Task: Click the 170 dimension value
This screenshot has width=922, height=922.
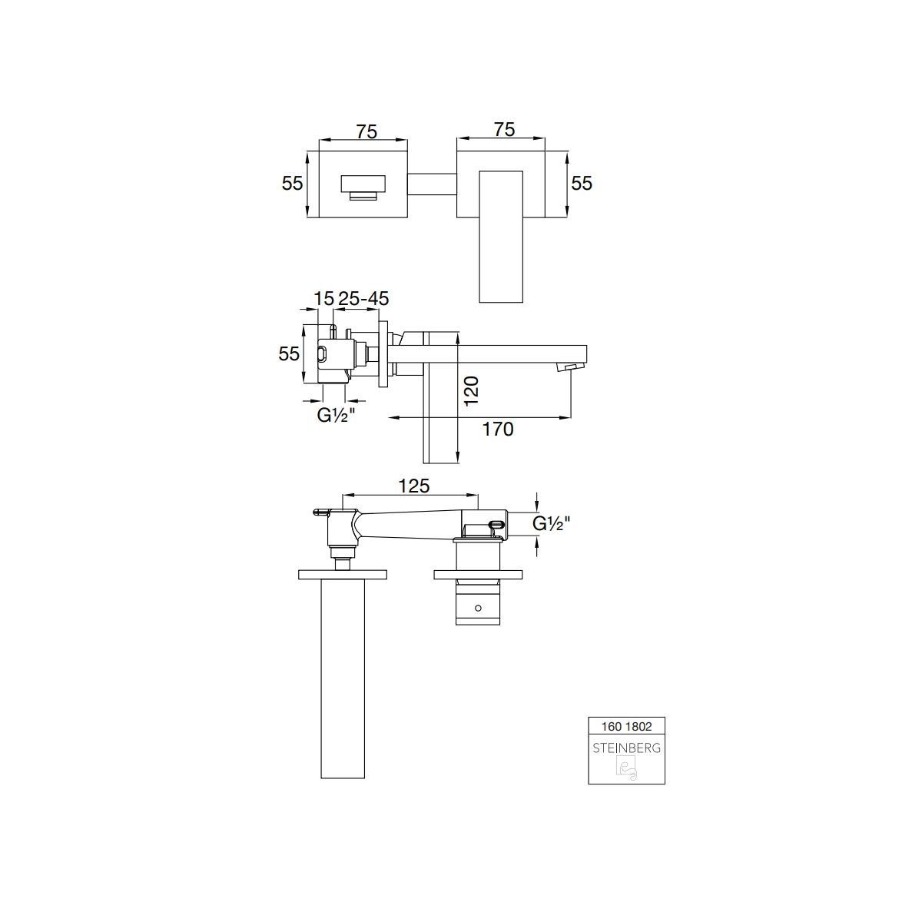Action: (x=498, y=429)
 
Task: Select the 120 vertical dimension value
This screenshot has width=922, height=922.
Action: (x=471, y=390)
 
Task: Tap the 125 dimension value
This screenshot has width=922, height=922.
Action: (x=414, y=486)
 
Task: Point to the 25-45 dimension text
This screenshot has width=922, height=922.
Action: (x=363, y=299)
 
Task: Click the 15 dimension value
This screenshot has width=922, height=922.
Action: (x=323, y=299)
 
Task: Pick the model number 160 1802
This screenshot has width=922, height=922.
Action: (x=626, y=727)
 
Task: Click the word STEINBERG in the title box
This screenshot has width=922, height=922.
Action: (x=626, y=748)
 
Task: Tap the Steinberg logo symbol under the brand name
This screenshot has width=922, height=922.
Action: (x=626, y=768)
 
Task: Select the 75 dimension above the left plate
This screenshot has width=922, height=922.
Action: (x=366, y=131)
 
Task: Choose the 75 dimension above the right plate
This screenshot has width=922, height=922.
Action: (x=504, y=130)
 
